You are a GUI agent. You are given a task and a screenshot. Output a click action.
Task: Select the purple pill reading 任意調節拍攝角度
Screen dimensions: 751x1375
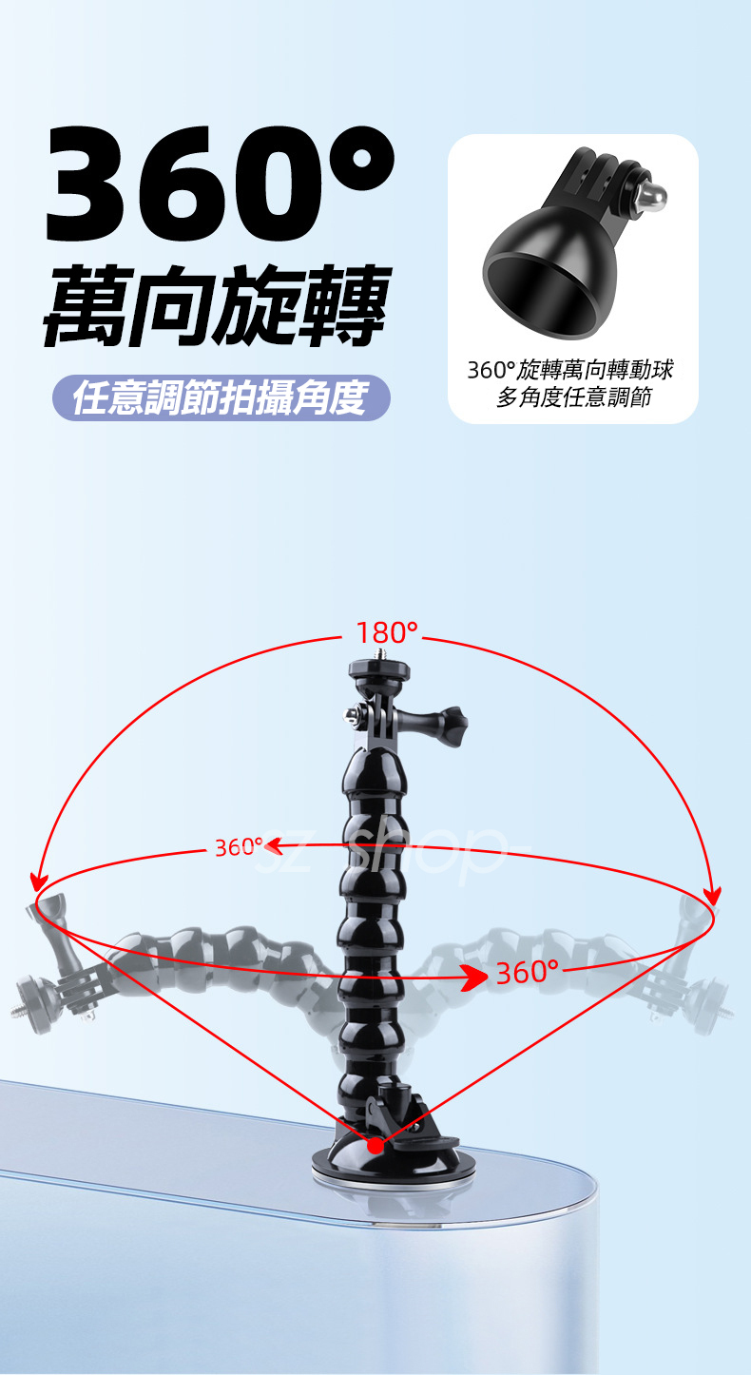[x=221, y=397]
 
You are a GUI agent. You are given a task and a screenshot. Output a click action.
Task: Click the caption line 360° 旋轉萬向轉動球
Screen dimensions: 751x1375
[x=571, y=370]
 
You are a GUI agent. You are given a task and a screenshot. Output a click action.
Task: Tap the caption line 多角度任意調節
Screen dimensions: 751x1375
[x=573, y=397]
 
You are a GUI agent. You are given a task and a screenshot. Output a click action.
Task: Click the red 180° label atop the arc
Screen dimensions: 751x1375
[x=387, y=632]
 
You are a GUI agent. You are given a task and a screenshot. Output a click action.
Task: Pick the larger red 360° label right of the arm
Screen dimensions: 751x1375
[x=528, y=973]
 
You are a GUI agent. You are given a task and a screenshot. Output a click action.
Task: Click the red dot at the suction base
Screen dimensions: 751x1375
[x=375, y=1146]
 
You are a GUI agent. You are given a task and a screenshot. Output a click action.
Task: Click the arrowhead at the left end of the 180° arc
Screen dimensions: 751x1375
[x=38, y=882]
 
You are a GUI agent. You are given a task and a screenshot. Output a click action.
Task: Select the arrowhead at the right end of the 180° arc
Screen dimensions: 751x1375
[x=712, y=896]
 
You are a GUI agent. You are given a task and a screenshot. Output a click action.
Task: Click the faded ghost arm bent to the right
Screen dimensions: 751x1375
[x=608, y=960]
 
